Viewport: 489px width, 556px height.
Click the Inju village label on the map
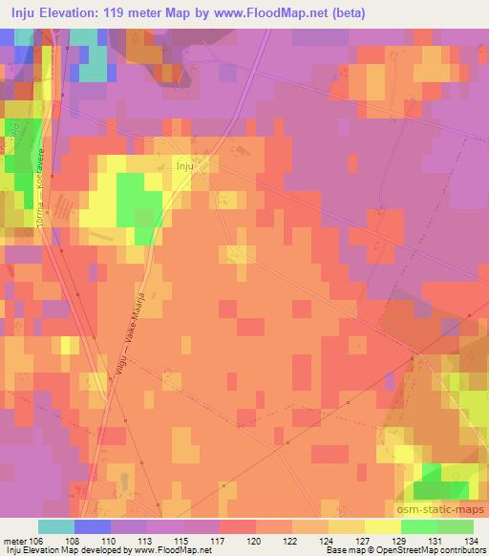184,165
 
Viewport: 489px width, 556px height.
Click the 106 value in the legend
35,541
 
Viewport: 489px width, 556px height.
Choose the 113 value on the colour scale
147,541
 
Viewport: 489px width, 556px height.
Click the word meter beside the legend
14,541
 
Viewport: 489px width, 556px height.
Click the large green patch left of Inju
137,203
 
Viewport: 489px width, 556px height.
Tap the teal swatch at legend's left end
56,526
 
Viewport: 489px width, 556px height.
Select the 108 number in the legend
72,541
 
